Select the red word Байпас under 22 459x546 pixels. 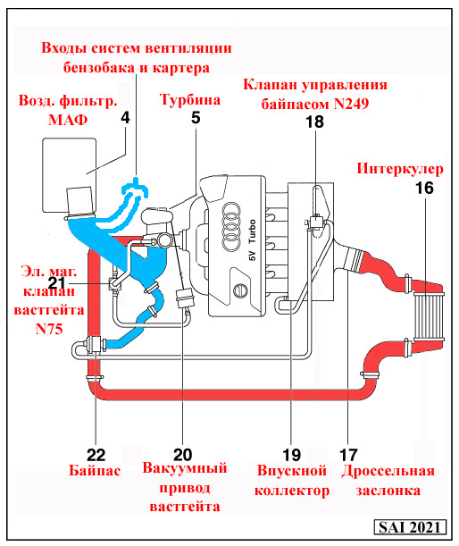pyautogui.click(x=96, y=470)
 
